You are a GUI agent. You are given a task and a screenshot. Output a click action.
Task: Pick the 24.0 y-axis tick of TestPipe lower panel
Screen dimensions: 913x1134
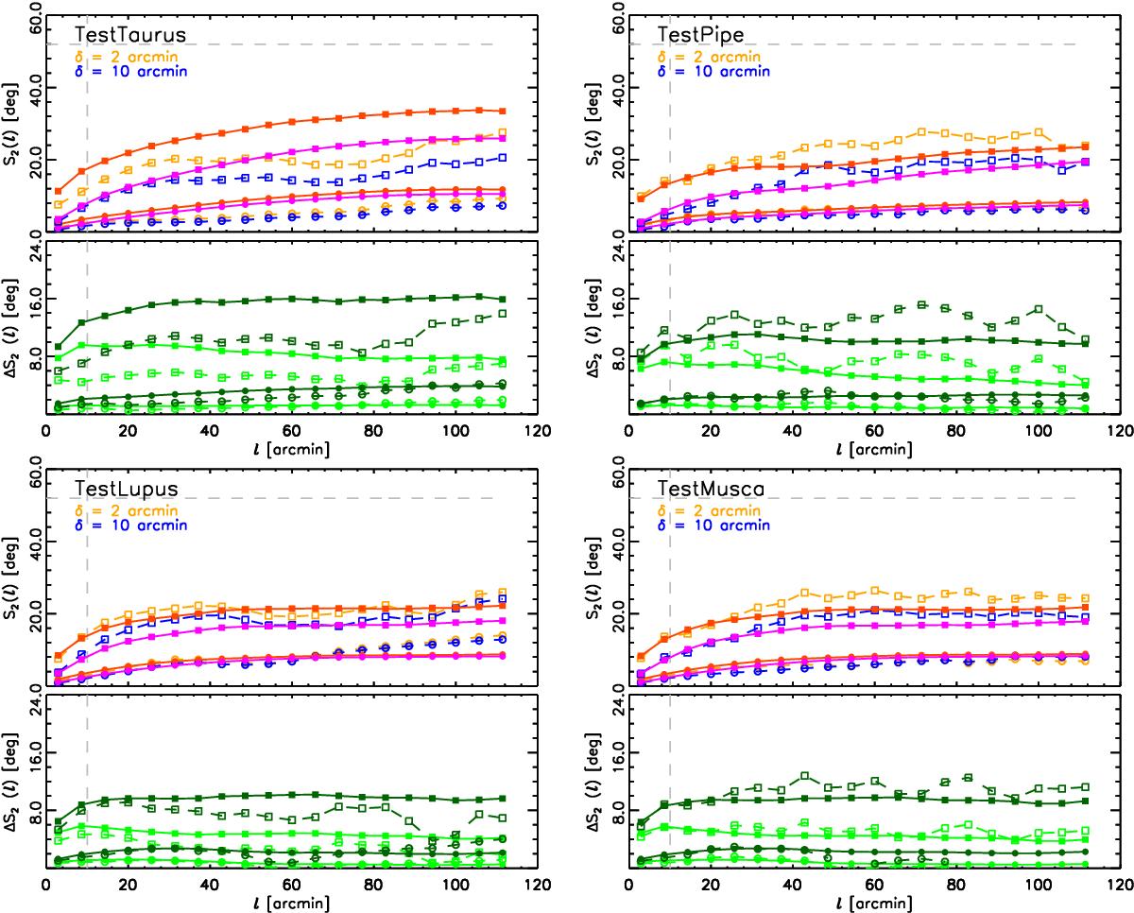[x=617, y=251]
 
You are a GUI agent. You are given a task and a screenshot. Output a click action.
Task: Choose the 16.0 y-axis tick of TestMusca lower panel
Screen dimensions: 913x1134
[x=617, y=752]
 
